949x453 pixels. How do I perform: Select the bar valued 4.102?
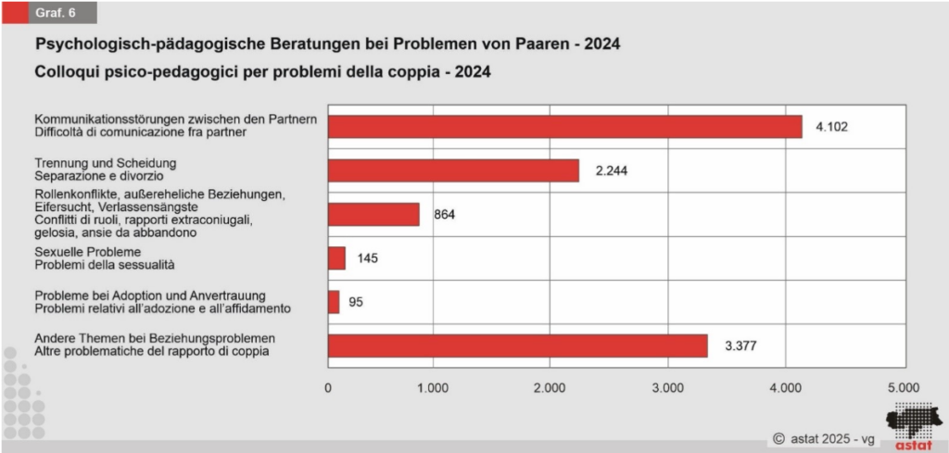564,127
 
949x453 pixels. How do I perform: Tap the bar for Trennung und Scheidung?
453,170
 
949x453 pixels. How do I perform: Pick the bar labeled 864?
373,215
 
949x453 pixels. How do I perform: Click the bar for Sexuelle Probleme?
336,258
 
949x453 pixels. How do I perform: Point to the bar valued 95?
334,302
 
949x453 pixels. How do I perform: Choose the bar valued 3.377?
517,346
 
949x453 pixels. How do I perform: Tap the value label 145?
366,258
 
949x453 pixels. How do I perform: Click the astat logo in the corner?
913,428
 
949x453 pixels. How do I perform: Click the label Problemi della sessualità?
105,264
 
